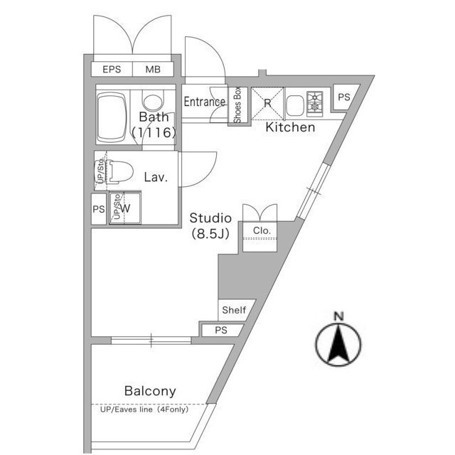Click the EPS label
112,70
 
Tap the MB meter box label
153,70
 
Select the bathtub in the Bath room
112,117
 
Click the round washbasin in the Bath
153,101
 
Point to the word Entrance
205,102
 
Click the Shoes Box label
237,105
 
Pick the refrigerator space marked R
267,103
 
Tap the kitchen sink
296,105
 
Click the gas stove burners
315,104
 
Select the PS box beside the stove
344,97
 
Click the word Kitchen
290,127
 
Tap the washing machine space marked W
125,208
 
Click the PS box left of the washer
99,209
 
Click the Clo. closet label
262,230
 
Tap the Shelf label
234,310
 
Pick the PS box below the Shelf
221,330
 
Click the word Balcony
150,391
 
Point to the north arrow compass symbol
338,343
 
